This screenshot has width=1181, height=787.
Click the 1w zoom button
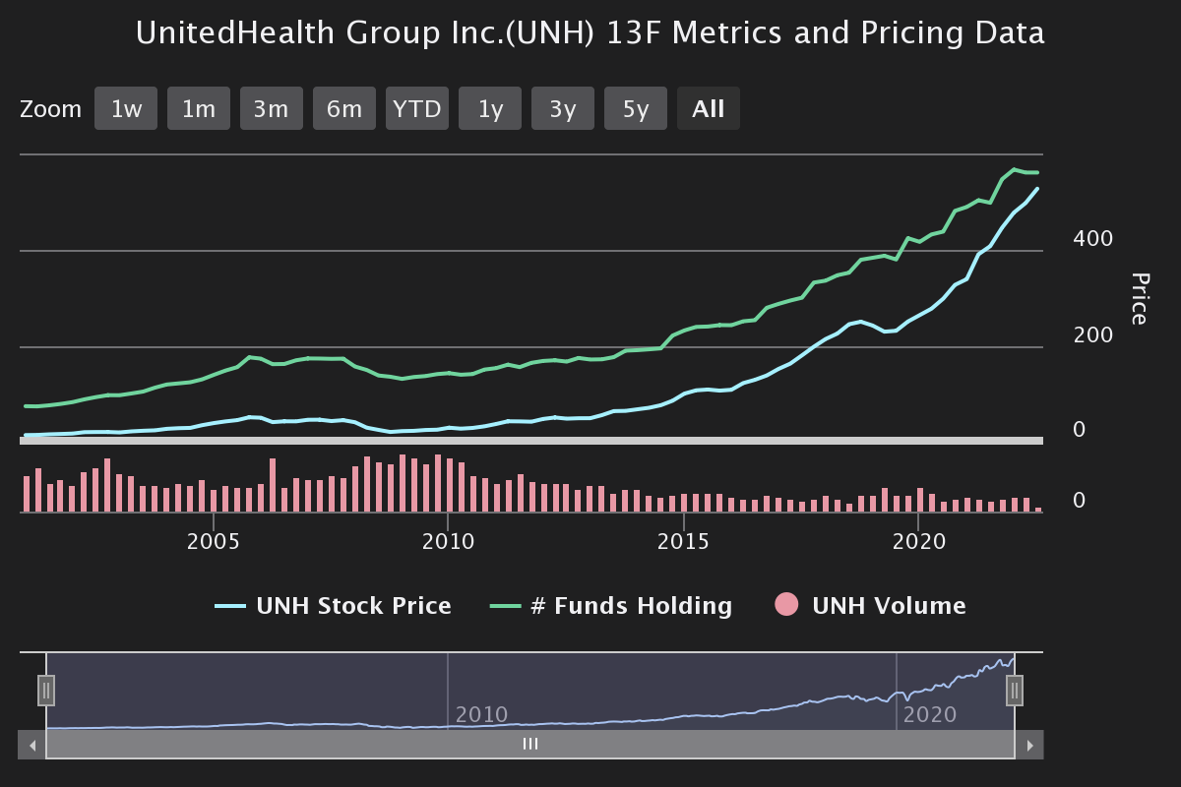click(x=126, y=109)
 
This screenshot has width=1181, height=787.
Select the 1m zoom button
click(x=199, y=109)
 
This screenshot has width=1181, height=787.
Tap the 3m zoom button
click(x=272, y=109)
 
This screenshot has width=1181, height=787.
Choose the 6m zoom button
click(x=344, y=109)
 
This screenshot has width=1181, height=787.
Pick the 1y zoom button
click(x=490, y=109)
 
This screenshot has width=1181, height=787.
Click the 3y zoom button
click(x=563, y=109)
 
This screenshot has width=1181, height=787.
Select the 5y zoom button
click(x=636, y=109)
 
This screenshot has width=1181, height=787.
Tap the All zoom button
click(x=709, y=109)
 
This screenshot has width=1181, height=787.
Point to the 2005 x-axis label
click(x=213, y=542)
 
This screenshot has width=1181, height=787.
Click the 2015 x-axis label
click(x=683, y=542)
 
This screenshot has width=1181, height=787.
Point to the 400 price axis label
click(x=1093, y=239)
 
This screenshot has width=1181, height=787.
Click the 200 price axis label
click(x=1093, y=335)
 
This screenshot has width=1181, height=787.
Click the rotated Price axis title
click(x=1139, y=299)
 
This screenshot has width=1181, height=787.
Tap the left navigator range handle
click(x=46, y=691)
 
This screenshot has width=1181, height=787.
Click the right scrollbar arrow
click(x=1029, y=746)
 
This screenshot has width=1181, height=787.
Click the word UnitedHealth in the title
click(x=235, y=33)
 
